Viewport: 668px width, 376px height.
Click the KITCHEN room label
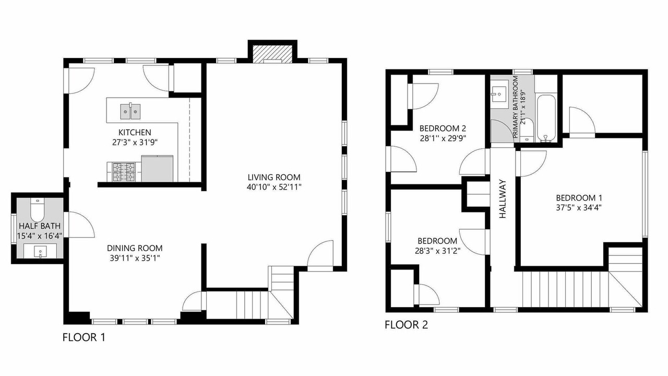(x=135, y=132)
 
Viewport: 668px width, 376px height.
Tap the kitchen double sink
(x=130, y=112)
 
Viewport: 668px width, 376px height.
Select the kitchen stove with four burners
(x=124, y=172)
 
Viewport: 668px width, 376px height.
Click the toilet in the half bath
(x=37, y=210)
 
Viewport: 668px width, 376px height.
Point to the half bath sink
(x=40, y=252)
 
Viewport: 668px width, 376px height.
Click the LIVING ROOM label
(x=274, y=177)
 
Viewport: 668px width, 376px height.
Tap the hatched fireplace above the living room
(x=272, y=54)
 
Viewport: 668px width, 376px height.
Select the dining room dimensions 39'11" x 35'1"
(x=135, y=258)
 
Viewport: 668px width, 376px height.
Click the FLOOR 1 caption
(x=84, y=337)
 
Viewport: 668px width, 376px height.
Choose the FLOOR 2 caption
(x=406, y=325)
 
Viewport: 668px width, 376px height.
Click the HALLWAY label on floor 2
(x=503, y=199)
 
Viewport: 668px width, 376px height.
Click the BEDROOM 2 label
(x=443, y=128)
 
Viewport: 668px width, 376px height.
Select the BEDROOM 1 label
(x=579, y=198)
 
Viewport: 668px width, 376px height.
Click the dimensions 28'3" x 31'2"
(x=437, y=251)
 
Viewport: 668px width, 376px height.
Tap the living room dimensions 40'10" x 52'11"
(x=274, y=187)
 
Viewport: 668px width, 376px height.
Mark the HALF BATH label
(x=40, y=226)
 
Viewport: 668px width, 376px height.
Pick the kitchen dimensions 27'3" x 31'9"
(x=135, y=143)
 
